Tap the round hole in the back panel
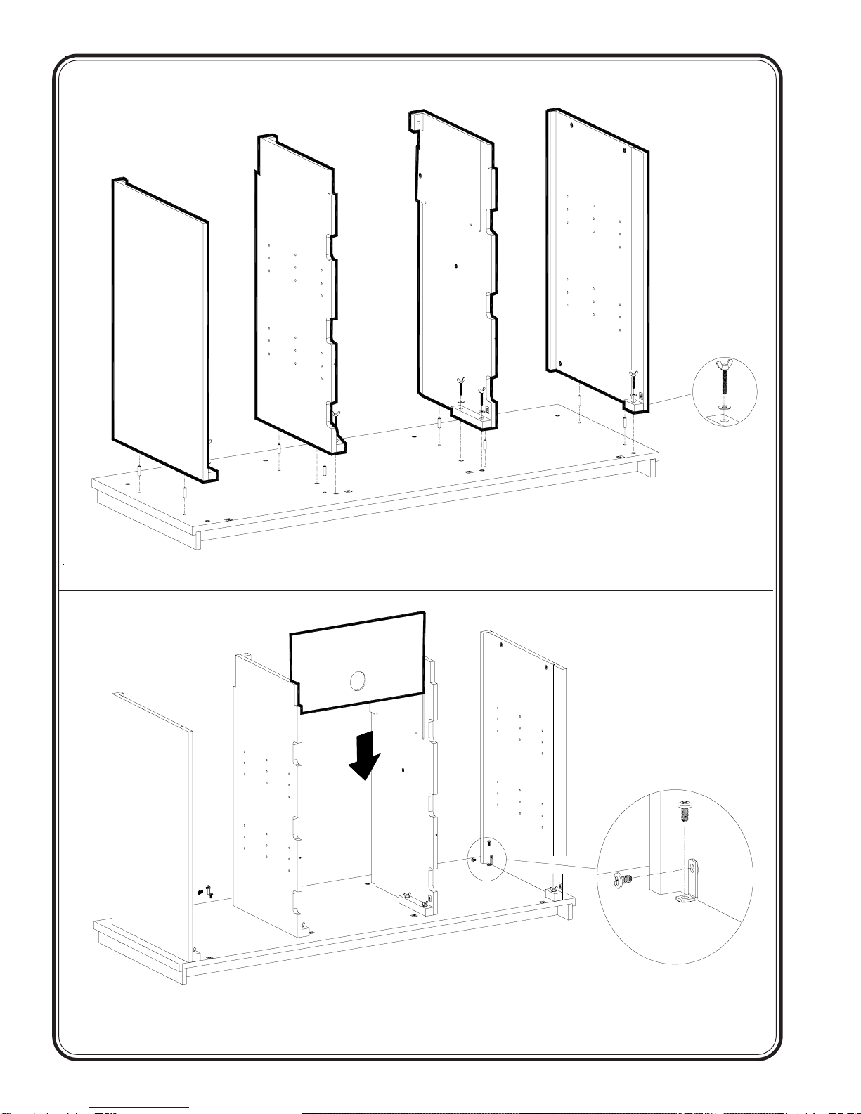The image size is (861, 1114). (358, 680)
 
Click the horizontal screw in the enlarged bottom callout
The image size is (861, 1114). (620, 879)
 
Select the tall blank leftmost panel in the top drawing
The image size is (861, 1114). (160, 323)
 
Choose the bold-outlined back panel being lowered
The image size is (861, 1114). (358, 661)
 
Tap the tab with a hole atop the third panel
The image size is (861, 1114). (417, 120)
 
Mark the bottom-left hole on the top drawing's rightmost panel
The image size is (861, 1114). (559, 363)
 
